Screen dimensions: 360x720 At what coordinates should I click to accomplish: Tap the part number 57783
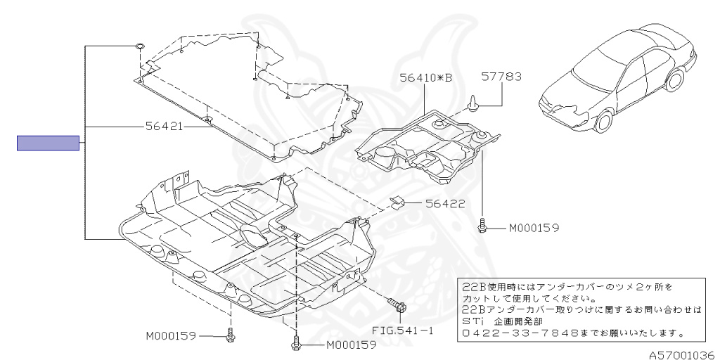(x=501, y=77)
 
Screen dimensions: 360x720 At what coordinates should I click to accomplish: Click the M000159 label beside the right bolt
(x=534, y=228)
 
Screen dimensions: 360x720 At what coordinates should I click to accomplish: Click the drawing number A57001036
(x=681, y=354)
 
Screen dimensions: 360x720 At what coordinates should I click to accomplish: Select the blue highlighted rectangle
(x=48, y=143)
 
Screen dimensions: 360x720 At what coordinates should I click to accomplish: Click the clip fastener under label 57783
(x=473, y=103)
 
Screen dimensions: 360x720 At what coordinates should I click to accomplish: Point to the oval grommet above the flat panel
(x=140, y=47)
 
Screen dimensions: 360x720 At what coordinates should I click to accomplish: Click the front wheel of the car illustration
(x=603, y=123)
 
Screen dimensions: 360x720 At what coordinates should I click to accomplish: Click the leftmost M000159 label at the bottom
(x=171, y=336)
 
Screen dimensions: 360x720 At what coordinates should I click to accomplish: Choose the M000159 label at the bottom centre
(x=351, y=345)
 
